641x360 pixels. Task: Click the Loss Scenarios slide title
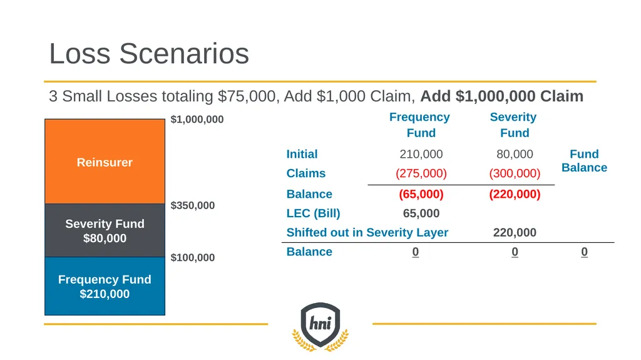(x=149, y=54)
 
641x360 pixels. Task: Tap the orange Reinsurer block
(x=105, y=162)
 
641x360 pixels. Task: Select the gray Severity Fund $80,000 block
(x=105, y=231)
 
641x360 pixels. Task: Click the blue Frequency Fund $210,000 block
(x=105, y=286)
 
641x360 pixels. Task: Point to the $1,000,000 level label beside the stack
(x=197, y=120)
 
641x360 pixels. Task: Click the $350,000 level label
(x=193, y=205)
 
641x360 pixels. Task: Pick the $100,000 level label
(x=193, y=258)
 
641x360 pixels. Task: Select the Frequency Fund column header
(x=420, y=125)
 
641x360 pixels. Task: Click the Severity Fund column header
(x=513, y=125)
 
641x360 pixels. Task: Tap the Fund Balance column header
(x=584, y=161)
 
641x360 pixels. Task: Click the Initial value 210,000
(x=421, y=154)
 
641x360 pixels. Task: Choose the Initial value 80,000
(x=515, y=154)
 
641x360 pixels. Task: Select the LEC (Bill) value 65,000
(x=421, y=213)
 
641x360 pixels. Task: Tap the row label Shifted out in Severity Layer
(x=367, y=233)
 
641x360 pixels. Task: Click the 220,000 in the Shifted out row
(x=515, y=233)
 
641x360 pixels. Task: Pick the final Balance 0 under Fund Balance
(x=584, y=252)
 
